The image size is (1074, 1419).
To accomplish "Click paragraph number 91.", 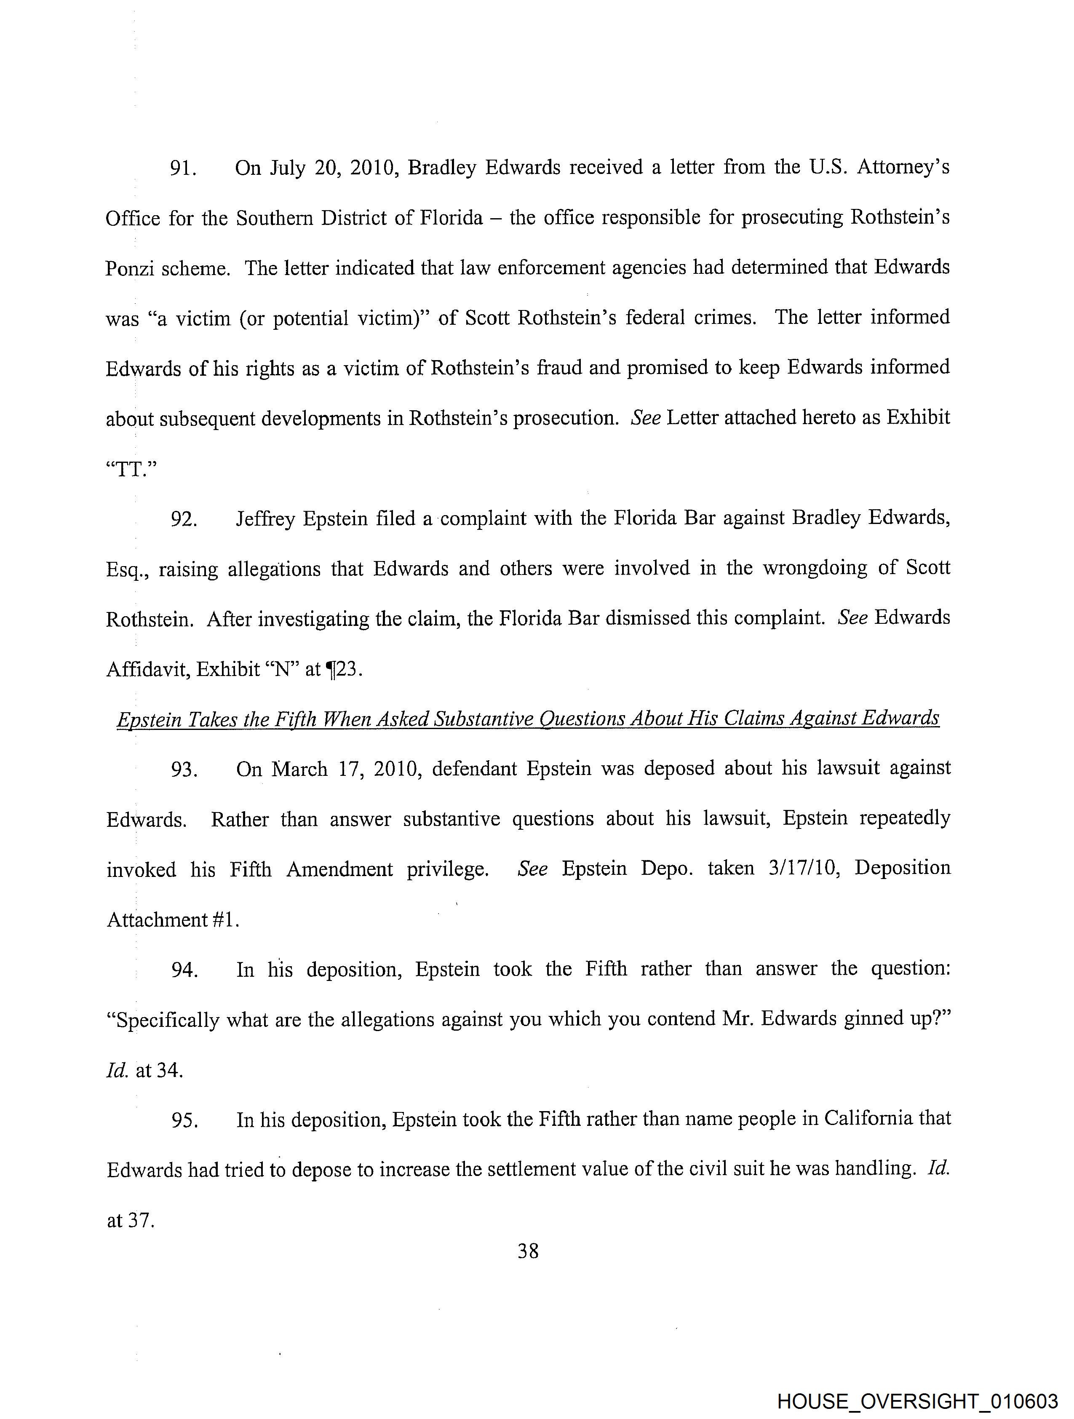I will point(182,168).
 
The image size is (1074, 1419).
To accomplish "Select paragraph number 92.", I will point(183,518).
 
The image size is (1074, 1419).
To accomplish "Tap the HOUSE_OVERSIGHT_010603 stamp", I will point(917,1401).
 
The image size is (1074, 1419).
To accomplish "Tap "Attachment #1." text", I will point(173,919).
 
